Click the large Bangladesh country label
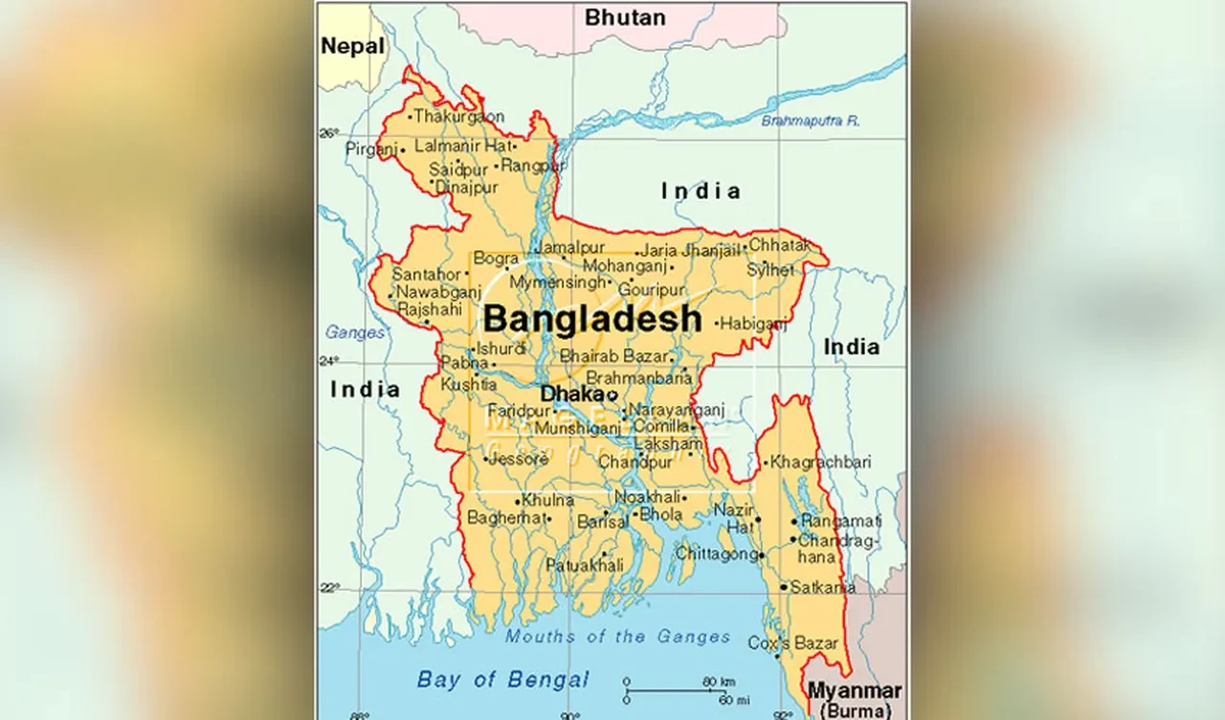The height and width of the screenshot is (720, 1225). coord(592,319)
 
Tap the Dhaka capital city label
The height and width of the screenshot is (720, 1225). coord(572,394)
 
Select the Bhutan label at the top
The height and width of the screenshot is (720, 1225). coord(625,17)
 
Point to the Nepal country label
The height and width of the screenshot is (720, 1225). coord(352,46)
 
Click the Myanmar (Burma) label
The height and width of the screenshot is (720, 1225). coord(854,699)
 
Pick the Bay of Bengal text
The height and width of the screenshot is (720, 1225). coord(503,680)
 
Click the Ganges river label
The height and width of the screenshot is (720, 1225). coord(355,332)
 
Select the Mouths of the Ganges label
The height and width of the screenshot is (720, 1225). coord(617,637)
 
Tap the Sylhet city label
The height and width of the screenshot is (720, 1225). coord(770,270)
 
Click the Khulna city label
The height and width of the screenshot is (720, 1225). coord(549,500)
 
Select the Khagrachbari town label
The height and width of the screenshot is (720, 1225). coord(820,461)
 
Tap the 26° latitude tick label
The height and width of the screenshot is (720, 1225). coord(329,133)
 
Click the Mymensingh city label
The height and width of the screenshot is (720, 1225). coord(557,282)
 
